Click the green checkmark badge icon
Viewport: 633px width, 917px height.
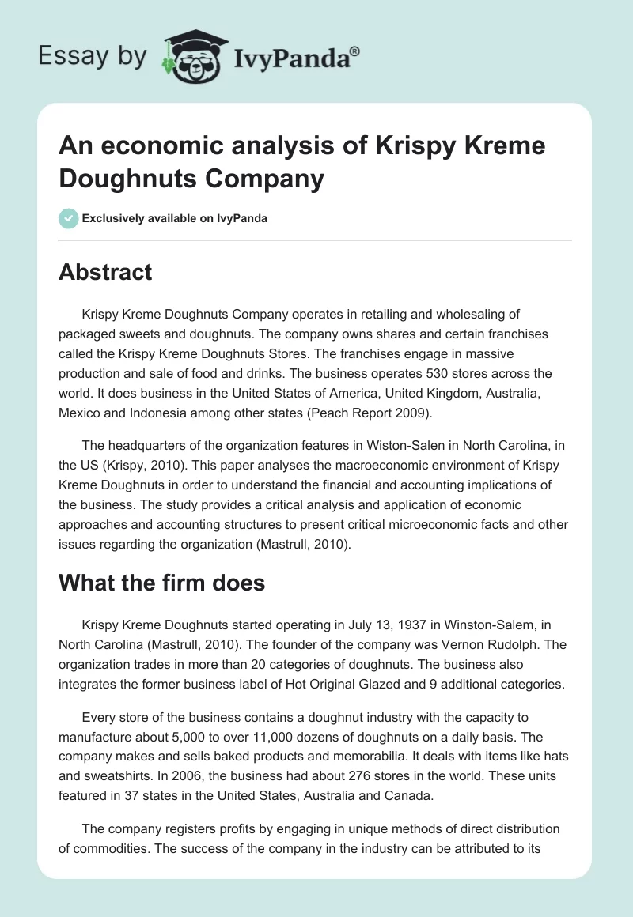pos(69,218)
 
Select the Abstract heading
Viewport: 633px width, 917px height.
pos(105,272)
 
